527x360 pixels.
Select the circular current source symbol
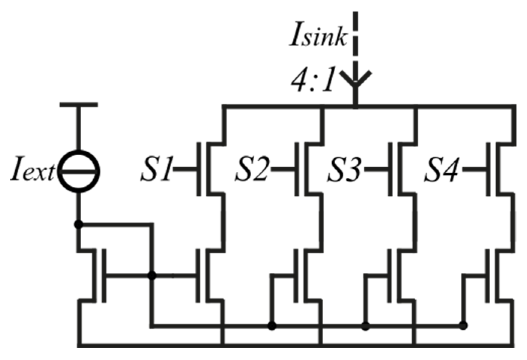[x=79, y=172]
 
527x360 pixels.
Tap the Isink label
[x=318, y=37]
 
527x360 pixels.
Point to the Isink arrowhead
[x=355, y=80]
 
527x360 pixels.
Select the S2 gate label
[x=252, y=170]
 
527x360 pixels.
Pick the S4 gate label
[x=441, y=170]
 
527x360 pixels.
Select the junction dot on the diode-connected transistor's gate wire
[x=152, y=276]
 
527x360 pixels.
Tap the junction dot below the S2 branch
[x=272, y=326]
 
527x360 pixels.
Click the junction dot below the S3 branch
[x=366, y=326]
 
